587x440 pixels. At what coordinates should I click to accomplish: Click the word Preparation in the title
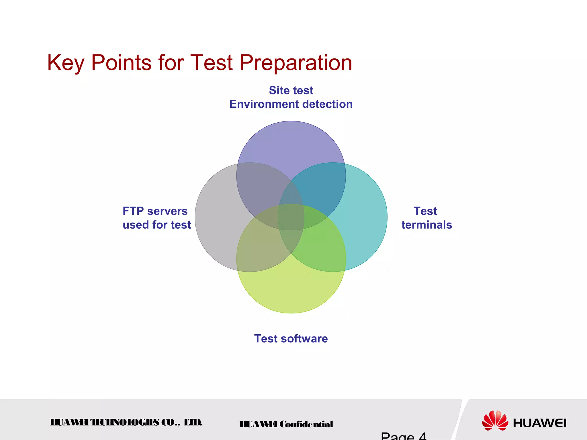296,63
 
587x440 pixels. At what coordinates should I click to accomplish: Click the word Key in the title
66,63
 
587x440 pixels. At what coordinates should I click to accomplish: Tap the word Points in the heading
121,63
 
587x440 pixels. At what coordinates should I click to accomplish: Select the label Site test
291,91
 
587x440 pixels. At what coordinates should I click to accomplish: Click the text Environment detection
291,104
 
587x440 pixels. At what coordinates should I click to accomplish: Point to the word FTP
133,211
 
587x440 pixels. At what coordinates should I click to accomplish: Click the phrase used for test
156,225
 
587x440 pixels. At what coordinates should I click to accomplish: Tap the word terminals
426,225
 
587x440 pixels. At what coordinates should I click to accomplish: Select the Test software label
291,339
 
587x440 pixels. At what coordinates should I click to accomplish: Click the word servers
167,211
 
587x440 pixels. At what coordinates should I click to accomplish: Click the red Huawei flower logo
495,421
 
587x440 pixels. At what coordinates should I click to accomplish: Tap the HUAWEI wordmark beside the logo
540,423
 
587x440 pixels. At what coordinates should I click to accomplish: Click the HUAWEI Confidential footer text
286,424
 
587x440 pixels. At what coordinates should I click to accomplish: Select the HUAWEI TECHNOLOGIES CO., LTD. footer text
126,423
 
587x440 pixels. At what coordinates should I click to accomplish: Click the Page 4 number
404,436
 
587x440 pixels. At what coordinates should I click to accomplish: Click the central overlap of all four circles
291,217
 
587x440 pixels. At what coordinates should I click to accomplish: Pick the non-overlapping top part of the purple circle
291,143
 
